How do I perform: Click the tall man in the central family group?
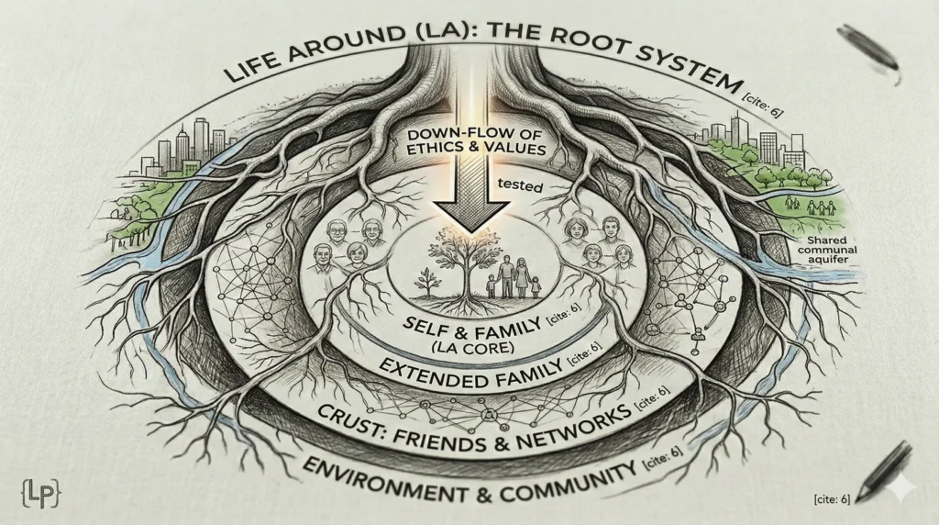[x=503, y=275]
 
